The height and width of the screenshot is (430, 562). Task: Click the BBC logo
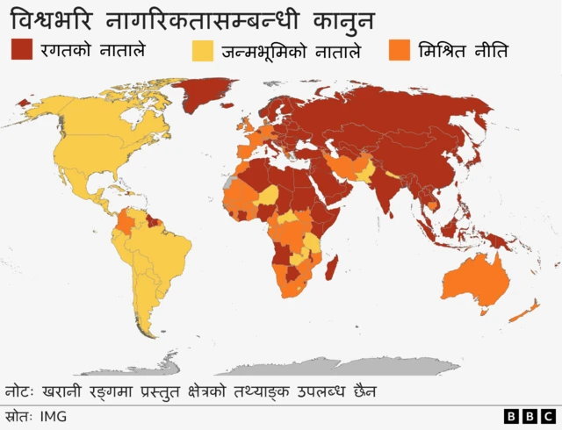[x=529, y=416]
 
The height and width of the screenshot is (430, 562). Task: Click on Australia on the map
[x=474, y=281]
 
